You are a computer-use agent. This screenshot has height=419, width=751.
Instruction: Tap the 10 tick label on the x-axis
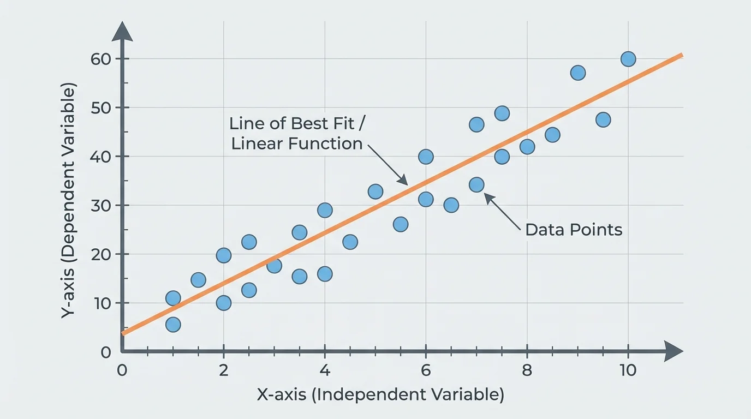click(628, 370)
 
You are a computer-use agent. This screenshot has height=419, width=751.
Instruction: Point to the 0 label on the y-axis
click(105, 352)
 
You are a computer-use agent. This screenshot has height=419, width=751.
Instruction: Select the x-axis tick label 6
click(426, 370)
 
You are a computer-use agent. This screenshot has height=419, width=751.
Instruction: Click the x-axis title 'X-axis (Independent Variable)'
click(380, 395)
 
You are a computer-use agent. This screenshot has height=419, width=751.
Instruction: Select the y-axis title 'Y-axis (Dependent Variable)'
click(69, 200)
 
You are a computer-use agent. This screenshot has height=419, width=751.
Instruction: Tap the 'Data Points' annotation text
click(573, 230)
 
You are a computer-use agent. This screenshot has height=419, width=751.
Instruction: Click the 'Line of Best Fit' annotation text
click(298, 123)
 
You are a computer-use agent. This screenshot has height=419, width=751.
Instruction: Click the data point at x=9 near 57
click(578, 73)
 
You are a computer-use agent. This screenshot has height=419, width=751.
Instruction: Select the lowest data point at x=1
click(173, 325)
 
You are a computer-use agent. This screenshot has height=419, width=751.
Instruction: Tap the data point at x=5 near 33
click(375, 191)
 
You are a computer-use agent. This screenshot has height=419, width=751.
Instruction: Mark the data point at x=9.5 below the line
click(603, 119)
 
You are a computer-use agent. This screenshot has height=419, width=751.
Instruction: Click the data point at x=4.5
click(350, 242)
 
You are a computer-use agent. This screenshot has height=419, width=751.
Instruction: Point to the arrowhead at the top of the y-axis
click(122, 31)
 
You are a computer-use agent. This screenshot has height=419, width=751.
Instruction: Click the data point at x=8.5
click(552, 135)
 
